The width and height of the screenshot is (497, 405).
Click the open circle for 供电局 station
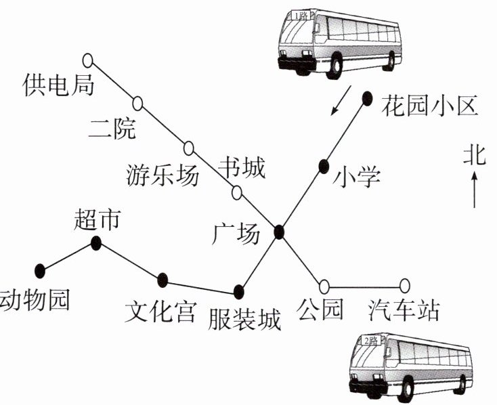click(88, 60)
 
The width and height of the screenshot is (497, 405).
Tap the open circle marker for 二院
click(137, 104)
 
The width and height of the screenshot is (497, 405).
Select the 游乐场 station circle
click(189, 148)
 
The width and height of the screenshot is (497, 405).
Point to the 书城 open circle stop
click(237, 192)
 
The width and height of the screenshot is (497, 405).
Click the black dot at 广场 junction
click(278, 232)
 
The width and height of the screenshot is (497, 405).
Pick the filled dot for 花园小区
click(367, 99)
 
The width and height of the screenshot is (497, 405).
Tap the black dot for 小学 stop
click(324, 167)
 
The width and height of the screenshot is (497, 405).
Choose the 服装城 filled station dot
click(239, 292)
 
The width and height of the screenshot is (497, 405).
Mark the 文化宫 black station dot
click(163, 280)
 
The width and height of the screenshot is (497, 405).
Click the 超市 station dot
click(95, 243)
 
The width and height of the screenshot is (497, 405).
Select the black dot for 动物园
click(40, 271)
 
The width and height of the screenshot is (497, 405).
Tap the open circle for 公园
click(324, 286)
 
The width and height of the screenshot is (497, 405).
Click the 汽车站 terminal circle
click(404, 286)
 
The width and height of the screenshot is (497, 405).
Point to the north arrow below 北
click(475, 190)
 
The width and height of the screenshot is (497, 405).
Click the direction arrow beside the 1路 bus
click(341, 100)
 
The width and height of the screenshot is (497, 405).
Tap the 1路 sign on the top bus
click(301, 16)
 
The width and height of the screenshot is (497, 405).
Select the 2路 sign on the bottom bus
click(370, 341)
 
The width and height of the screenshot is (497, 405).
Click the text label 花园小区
click(429, 106)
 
